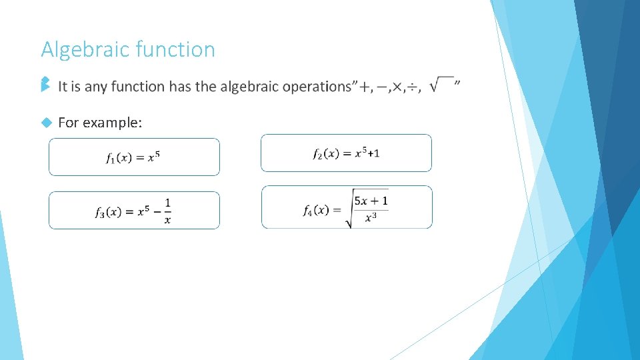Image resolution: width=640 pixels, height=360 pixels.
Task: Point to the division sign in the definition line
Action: pyautogui.click(x=414, y=87)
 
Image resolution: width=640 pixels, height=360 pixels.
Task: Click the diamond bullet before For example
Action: pyautogui.click(x=46, y=123)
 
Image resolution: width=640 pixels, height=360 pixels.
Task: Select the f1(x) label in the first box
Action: pyautogui.click(x=120, y=158)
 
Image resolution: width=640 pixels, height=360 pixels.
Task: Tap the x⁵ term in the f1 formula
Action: pyautogui.click(x=153, y=157)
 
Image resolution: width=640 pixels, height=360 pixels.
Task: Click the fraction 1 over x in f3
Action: pyautogui.click(x=167, y=211)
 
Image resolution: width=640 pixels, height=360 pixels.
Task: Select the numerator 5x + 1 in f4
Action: pyautogui.click(x=371, y=201)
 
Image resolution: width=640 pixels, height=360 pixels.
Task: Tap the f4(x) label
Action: pyautogui.click(x=316, y=211)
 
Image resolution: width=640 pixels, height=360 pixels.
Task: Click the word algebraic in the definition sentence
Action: pyautogui.click(x=250, y=87)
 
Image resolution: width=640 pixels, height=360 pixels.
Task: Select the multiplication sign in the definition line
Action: pyautogui.click(x=398, y=87)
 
